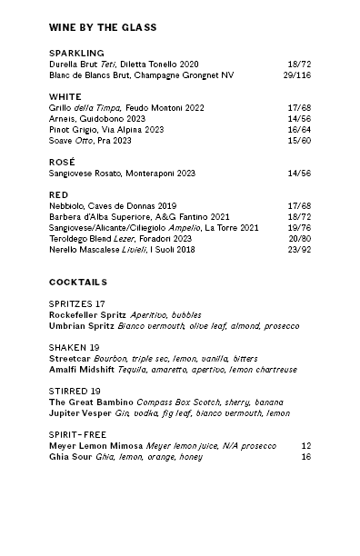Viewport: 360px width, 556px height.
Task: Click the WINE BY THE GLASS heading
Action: click(x=102, y=27)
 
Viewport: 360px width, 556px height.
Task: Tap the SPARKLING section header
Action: click(x=76, y=54)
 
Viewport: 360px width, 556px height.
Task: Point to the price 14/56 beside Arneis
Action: click(x=298, y=119)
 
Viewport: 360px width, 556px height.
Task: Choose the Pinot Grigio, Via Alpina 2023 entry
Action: click(x=106, y=130)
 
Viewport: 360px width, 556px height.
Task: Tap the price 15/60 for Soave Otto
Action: click(x=298, y=141)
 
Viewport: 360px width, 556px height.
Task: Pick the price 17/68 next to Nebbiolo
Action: click(x=298, y=206)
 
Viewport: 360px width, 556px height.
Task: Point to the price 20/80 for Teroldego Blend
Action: click(x=298, y=239)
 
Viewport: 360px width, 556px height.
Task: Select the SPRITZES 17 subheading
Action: click(x=77, y=303)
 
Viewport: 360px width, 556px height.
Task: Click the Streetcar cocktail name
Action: click(x=70, y=359)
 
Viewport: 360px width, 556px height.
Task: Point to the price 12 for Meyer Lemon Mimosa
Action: click(x=305, y=446)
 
